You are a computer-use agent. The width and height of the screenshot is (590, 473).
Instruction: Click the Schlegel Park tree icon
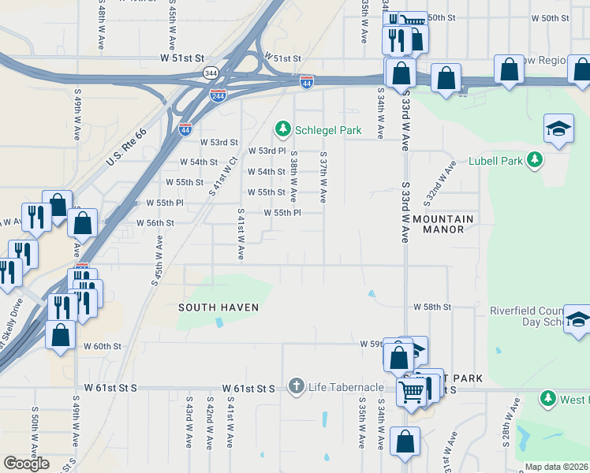pos(282,128)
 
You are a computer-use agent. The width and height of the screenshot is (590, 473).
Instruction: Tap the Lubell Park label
pos(495,161)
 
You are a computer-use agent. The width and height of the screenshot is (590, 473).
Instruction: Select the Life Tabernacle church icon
pos(296,387)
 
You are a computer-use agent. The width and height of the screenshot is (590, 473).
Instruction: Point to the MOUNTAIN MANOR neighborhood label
pos(443,224)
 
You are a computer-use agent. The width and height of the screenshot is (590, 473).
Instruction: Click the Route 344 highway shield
pos(211,73)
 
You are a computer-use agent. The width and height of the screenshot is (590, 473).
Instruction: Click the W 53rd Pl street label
pos(267,151)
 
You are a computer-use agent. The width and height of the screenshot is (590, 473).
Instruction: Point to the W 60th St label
pos(103,346)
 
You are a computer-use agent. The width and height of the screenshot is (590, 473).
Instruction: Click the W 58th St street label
pos(431,306)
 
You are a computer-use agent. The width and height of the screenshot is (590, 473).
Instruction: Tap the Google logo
pos(26,464)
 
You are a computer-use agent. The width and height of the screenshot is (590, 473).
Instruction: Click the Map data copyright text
pos(557,467)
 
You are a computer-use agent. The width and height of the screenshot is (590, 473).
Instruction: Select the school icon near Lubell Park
pos(558,128)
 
